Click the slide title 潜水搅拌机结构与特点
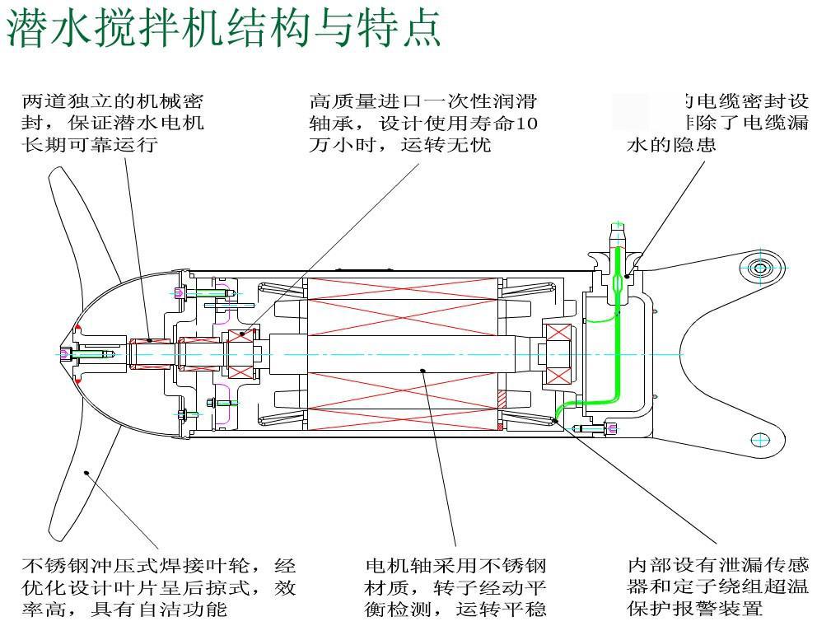click(x=224, y=29)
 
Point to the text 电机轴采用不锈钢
click(x=455, y=566)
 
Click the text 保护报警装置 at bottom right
click(x=695, y=609)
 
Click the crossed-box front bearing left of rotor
click(x=243, y=345)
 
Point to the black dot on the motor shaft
click(x=423, y=371)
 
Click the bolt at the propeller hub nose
click(x=82, y=355)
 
